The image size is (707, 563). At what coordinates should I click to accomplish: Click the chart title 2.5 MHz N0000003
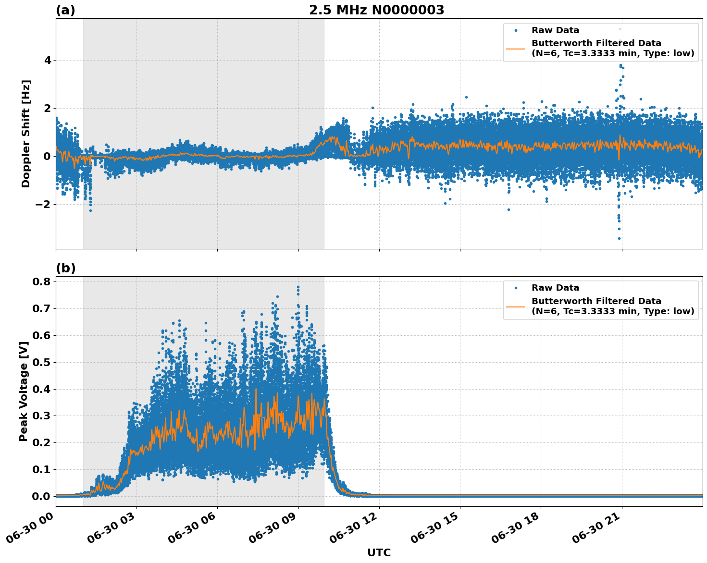[376, 10]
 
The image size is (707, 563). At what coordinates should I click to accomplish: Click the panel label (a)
[65, 10]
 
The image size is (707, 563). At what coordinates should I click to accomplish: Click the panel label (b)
[65, 268]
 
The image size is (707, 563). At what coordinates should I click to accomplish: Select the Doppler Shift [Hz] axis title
[26, 134]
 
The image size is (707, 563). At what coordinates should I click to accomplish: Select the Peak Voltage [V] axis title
[23, 391]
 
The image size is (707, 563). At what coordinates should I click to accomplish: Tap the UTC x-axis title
[379, 552]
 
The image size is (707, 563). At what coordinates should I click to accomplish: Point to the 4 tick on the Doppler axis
[48, 61]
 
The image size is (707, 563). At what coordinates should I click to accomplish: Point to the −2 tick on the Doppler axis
[44, 205]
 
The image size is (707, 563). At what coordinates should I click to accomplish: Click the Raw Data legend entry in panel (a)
[555, 30]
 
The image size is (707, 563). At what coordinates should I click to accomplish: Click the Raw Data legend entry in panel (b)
[555, 288]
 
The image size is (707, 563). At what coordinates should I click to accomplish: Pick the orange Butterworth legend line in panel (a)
[515, 49]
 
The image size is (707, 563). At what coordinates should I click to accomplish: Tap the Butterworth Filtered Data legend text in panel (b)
[596, 301]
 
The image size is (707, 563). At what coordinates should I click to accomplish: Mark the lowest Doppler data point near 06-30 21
[619, 238]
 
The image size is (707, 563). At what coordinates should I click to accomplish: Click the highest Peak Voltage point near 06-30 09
[298, 287]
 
